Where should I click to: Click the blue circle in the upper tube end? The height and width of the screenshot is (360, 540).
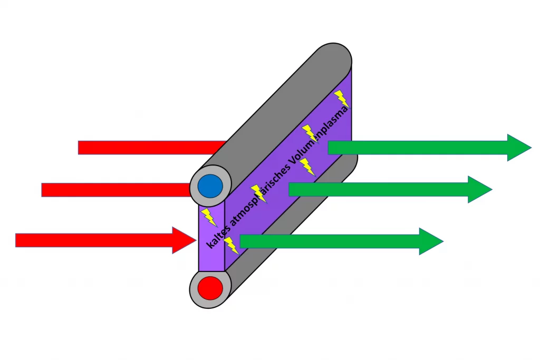point(210,186)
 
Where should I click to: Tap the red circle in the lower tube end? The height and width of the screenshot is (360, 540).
point(210,288)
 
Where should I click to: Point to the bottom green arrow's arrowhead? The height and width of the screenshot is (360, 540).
point(430,241)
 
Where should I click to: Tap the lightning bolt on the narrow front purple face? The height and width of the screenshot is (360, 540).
point(209,217)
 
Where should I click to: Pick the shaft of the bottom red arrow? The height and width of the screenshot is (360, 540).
point(95,240)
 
